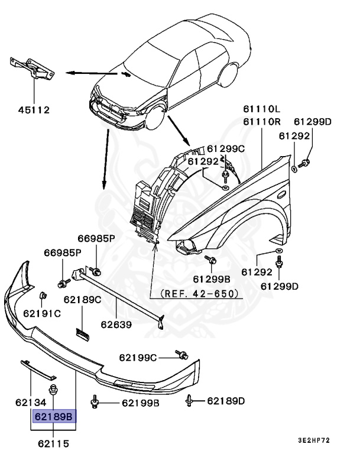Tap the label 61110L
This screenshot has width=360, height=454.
[x=261, y=109]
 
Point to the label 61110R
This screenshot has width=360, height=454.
[x=261, y=122]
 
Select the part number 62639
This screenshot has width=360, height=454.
[x=115, y=324]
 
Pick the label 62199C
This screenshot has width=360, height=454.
[x=138, y=357]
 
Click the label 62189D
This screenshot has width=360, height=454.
[x=226, y=401]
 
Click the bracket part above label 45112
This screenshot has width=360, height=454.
[x=31, y=69]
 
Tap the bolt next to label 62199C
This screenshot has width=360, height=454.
[x=181, y=355]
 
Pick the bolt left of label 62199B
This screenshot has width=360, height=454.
[x=95, y=402]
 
